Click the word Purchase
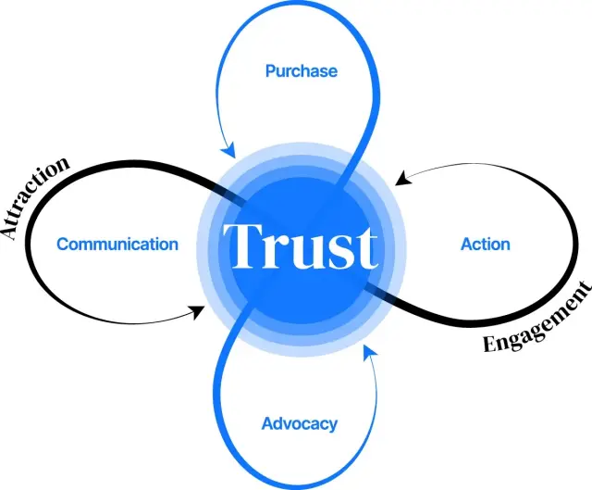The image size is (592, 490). click(x=301, y=70)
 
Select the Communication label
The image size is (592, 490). click(x=117, y=245)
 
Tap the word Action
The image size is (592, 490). click(x=485, y=245)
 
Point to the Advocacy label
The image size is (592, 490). click(x=299, y=424)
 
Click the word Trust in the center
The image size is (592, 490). click(x=302, y=247)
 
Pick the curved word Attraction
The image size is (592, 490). click(x=35, y=196)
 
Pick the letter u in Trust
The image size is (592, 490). click(x=301, y=252)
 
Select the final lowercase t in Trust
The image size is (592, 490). click(x=364, y=248)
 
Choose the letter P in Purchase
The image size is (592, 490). click(x=270, y=70)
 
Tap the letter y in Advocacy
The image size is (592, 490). click(x=331, y=427)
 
